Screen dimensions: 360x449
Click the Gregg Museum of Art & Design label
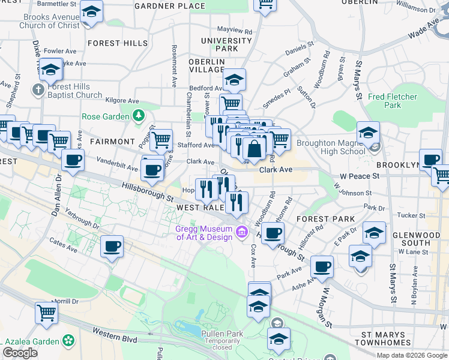203,233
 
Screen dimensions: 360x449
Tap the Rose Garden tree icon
139,115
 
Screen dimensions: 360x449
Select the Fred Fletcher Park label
393,101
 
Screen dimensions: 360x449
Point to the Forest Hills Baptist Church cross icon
37,89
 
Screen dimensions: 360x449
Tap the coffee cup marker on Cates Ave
112,246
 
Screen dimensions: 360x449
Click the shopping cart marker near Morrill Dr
46,312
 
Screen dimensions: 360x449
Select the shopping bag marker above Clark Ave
254,149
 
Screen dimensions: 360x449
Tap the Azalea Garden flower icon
69,341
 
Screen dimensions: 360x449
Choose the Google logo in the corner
20,353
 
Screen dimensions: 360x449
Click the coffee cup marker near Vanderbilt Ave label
73,160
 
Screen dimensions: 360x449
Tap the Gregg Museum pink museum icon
241,231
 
